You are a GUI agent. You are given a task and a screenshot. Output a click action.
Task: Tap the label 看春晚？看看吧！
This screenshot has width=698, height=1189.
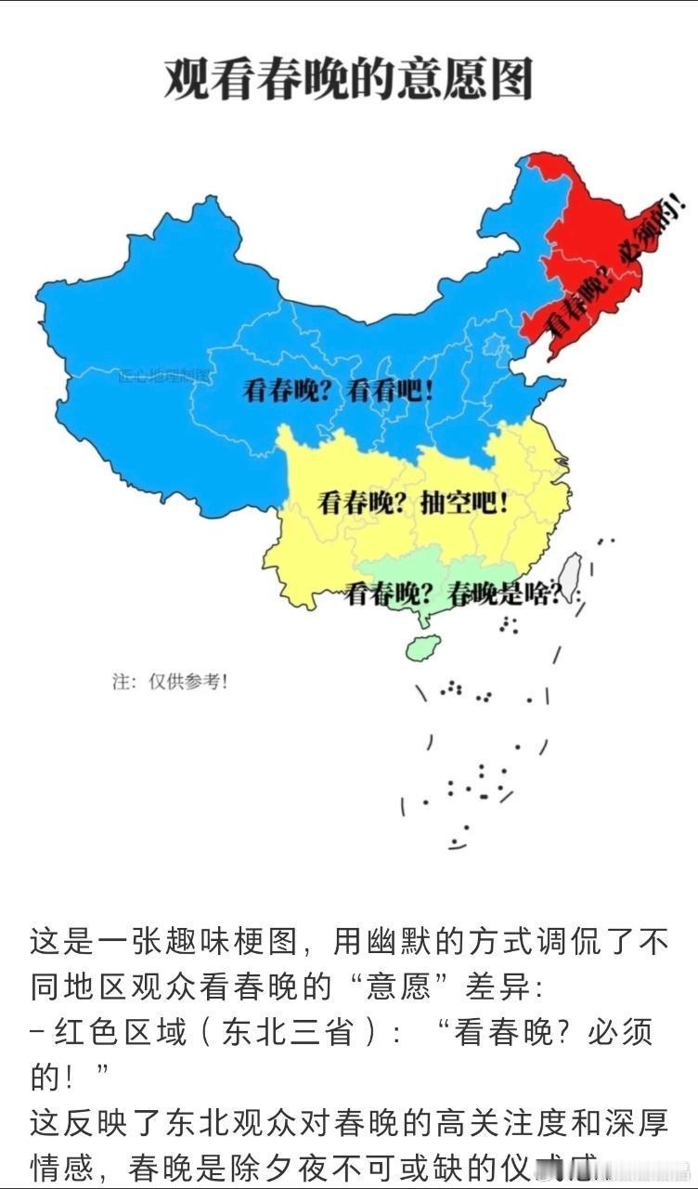click(338, 391)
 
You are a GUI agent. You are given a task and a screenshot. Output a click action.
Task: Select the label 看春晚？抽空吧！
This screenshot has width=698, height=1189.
click(413, 503)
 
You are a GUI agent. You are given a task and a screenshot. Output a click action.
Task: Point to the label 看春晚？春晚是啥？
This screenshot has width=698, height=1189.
click(456, 594)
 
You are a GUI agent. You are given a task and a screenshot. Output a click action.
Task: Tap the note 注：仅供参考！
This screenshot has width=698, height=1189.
click(170, 682)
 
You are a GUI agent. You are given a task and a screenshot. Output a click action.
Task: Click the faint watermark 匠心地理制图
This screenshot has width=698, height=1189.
click(164, 376)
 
